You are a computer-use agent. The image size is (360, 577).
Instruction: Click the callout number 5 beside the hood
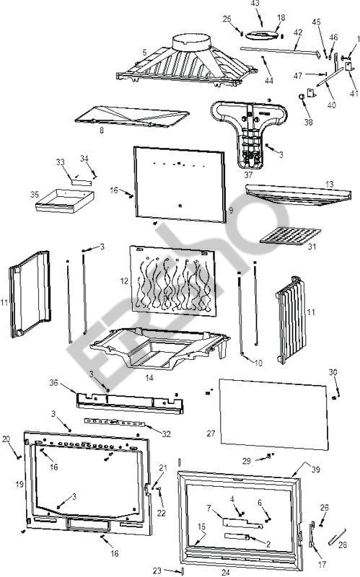pyautogui.click(x=145, y=53)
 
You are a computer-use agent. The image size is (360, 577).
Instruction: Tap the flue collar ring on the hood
pyautogui.click(x=191, y=43)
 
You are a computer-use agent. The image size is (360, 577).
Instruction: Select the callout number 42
pyautogui.click(x=298, y=32)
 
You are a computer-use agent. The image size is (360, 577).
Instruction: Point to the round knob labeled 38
pyautogui.click(x=301, y=97)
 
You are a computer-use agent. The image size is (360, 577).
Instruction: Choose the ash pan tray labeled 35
pyautogui.click(x=65, y=201)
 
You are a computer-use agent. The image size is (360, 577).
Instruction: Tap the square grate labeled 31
pyautogui.click(x=291, y=236)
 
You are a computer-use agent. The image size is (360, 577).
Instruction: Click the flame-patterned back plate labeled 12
pyautogui.click(x=173, y=281)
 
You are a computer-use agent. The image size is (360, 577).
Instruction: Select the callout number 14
pyautogui.click(x=149, y=377)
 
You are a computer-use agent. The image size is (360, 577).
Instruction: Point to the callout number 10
pyautogui.click(x=258, y=363)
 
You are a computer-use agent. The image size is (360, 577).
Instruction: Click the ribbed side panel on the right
pyautogui.click(x=291, y=320)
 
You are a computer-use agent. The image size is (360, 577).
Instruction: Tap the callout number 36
pyautogui.click(x=53, y=383)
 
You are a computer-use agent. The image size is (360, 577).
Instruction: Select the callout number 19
pyautogui.click(x=19, y=484)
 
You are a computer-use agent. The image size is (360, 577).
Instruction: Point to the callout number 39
pyautogui.click(x=315, y=470)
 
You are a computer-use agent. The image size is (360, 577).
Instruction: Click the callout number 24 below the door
pyautogui.click(x=225, y=572)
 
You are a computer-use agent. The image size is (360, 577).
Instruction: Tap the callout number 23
pyautogui.click(x=157, y=571)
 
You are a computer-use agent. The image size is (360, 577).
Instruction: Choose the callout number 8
pyautogui.click(x=102, y=131)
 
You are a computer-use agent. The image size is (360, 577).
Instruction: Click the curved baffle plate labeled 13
pyautogui.click(x=298, y=194)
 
